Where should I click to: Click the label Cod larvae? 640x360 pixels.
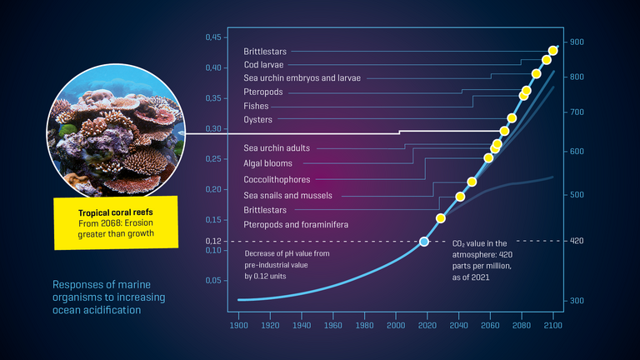tap(264, 64)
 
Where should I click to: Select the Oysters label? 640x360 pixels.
tap(257, 120)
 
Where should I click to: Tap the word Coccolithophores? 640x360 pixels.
tap(277, 179)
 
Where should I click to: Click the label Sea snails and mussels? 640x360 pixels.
tap(287, 195)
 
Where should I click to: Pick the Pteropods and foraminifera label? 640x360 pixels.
tap(295, 225)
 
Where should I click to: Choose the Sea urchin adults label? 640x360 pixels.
tap(277, 147)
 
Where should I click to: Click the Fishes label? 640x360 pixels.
tap(256, 106)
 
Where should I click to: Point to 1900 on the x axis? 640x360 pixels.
tap(238, 325)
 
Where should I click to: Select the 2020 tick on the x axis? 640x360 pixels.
tap(427, 325)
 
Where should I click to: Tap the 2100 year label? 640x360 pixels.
tap(552, 325)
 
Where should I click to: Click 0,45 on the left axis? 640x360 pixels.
tap(214, 37)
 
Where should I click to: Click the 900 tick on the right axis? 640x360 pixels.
tap(576, 42)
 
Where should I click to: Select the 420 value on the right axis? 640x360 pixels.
tap(576, 241)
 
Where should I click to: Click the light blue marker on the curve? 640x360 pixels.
tap(423, 242)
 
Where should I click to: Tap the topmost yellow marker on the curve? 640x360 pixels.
tap(553, 51)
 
